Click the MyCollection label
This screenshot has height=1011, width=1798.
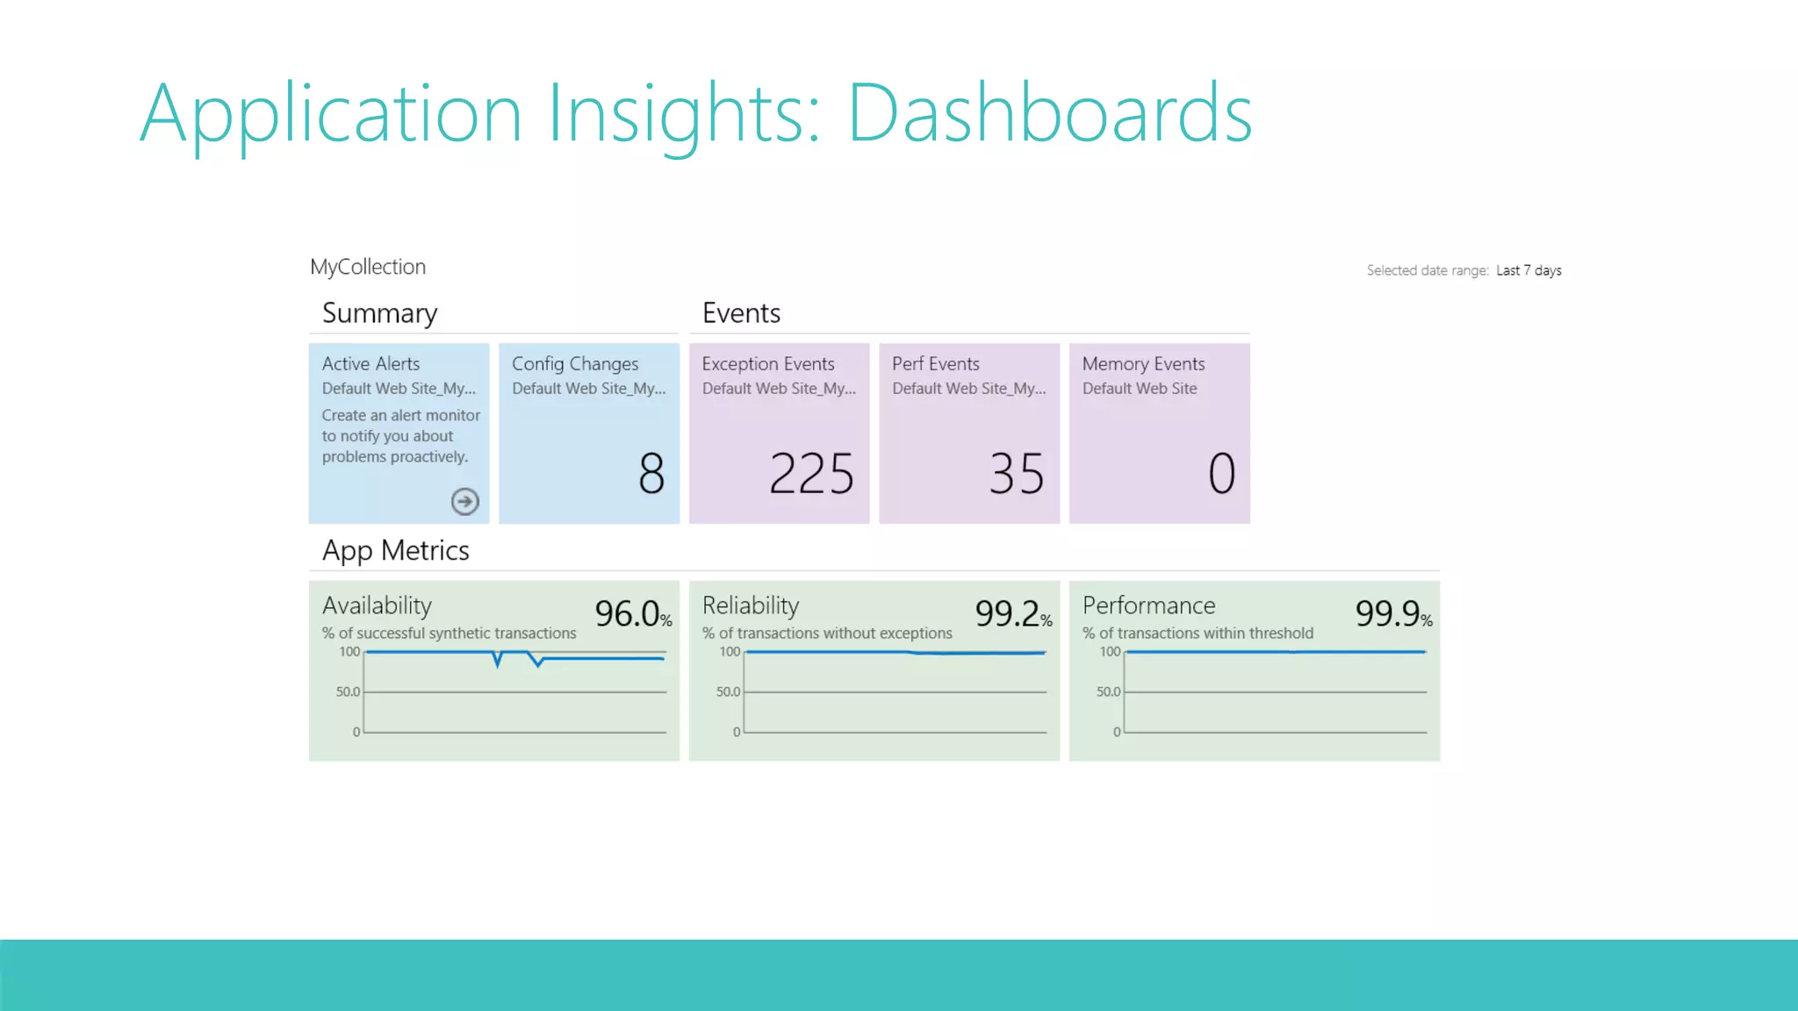368,267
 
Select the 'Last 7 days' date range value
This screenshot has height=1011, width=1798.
1528,270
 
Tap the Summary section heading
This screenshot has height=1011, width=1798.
379,313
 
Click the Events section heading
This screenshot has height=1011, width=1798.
741,313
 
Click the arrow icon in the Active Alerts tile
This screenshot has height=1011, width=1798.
464,501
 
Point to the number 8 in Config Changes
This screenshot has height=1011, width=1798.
651,473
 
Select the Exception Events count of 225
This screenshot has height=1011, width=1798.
811,474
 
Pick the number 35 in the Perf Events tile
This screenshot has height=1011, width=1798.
1017,474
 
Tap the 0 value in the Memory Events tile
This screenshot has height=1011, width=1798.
1221,473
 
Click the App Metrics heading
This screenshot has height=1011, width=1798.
395,550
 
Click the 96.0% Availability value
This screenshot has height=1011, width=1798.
632,613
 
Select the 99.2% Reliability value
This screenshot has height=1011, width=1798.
1012,613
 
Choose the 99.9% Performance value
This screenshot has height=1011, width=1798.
1392,613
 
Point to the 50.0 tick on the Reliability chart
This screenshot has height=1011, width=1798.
728,692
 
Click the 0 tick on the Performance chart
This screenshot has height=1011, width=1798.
1117,732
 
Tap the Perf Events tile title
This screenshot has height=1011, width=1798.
935,363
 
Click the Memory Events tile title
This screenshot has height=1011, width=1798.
1143,363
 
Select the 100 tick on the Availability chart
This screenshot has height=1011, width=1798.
349,651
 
